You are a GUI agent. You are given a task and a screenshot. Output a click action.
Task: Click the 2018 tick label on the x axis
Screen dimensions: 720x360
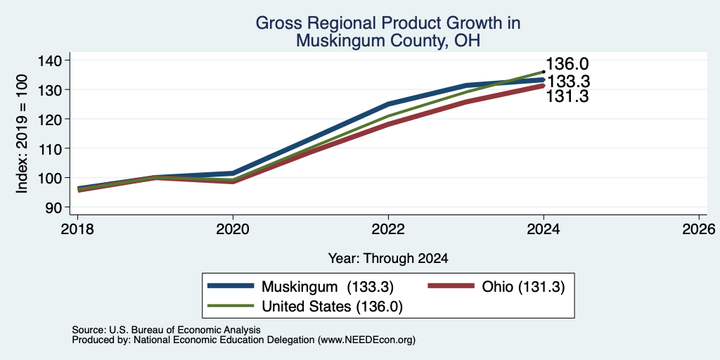(x=77, y=229)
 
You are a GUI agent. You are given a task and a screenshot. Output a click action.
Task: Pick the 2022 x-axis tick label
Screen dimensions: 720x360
(x=388, y=229)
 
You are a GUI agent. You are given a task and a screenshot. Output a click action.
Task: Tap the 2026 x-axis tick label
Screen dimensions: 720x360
(x=699, y=229)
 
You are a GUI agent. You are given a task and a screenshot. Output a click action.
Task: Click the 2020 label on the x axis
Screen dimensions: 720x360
(x=233, y=229)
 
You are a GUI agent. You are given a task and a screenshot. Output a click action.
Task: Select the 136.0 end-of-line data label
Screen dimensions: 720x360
(x=567, y=64)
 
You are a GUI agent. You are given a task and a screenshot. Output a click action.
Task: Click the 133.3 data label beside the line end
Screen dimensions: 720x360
(x=568, y=82)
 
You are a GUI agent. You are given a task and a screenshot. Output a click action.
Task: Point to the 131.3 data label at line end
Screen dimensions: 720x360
(x=567, y=96)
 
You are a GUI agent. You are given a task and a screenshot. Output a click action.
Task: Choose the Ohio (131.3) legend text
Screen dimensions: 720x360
(x=523, y=287)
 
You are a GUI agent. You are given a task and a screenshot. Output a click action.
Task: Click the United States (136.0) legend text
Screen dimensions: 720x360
(x=332, y=307)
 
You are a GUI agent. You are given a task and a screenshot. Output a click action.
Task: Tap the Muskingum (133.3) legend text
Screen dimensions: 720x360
(x=328, y=287)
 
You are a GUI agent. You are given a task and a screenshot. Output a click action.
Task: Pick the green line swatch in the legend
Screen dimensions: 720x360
(x=231, y=306)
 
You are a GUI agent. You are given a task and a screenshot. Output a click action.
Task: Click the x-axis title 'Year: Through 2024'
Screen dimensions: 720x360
(x=388, y=259)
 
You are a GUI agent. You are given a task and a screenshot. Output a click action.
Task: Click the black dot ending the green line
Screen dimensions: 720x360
(x=544, y=72)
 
